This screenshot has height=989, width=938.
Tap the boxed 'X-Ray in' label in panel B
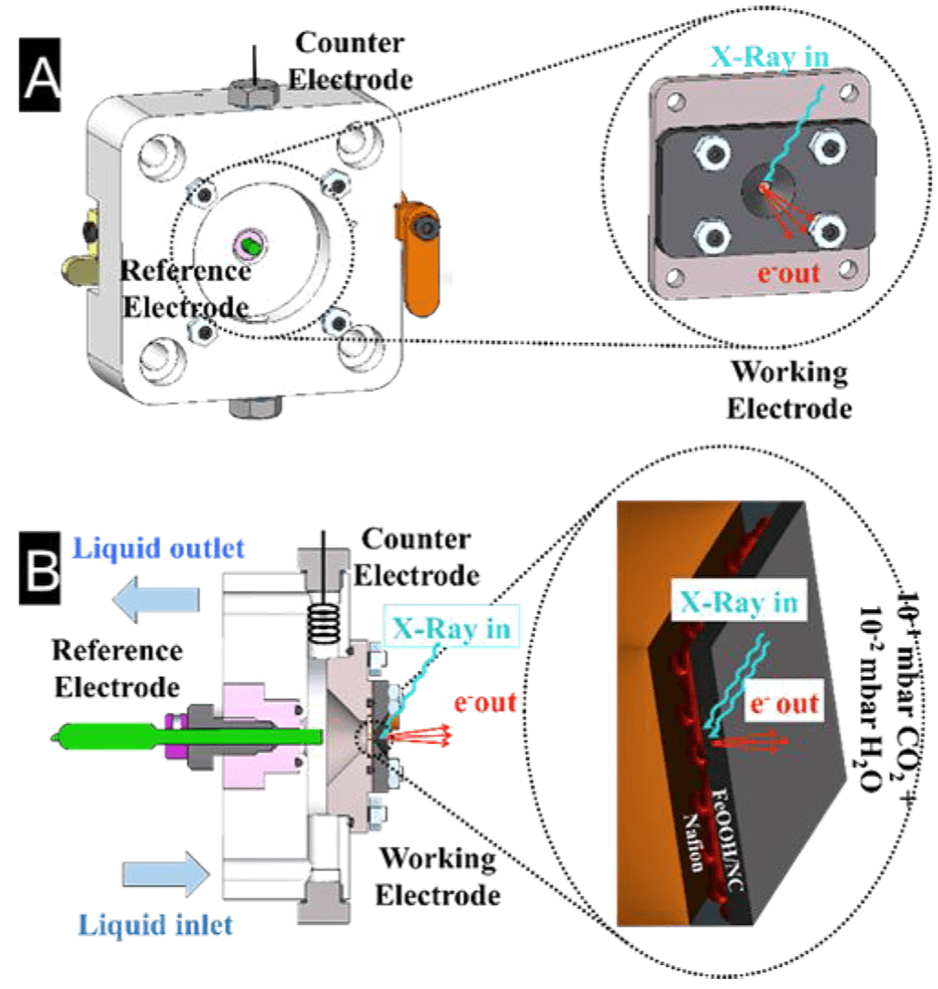point(453,628)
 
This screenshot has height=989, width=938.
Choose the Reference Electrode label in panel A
point(185,287)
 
